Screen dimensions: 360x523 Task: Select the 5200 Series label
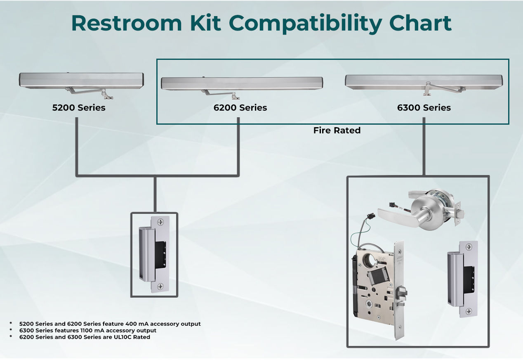tap(79, 108)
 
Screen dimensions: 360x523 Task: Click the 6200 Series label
tap(240, 108)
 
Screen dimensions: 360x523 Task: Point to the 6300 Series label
tap(424, 108)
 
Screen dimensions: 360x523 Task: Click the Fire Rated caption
tap(337, 130)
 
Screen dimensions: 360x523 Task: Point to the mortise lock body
tap(373, 285)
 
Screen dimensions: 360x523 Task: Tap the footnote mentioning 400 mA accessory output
tap(110, 324)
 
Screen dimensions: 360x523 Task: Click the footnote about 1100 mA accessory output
tap(88, 331)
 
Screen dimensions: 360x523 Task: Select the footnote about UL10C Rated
tap(85, 337)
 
